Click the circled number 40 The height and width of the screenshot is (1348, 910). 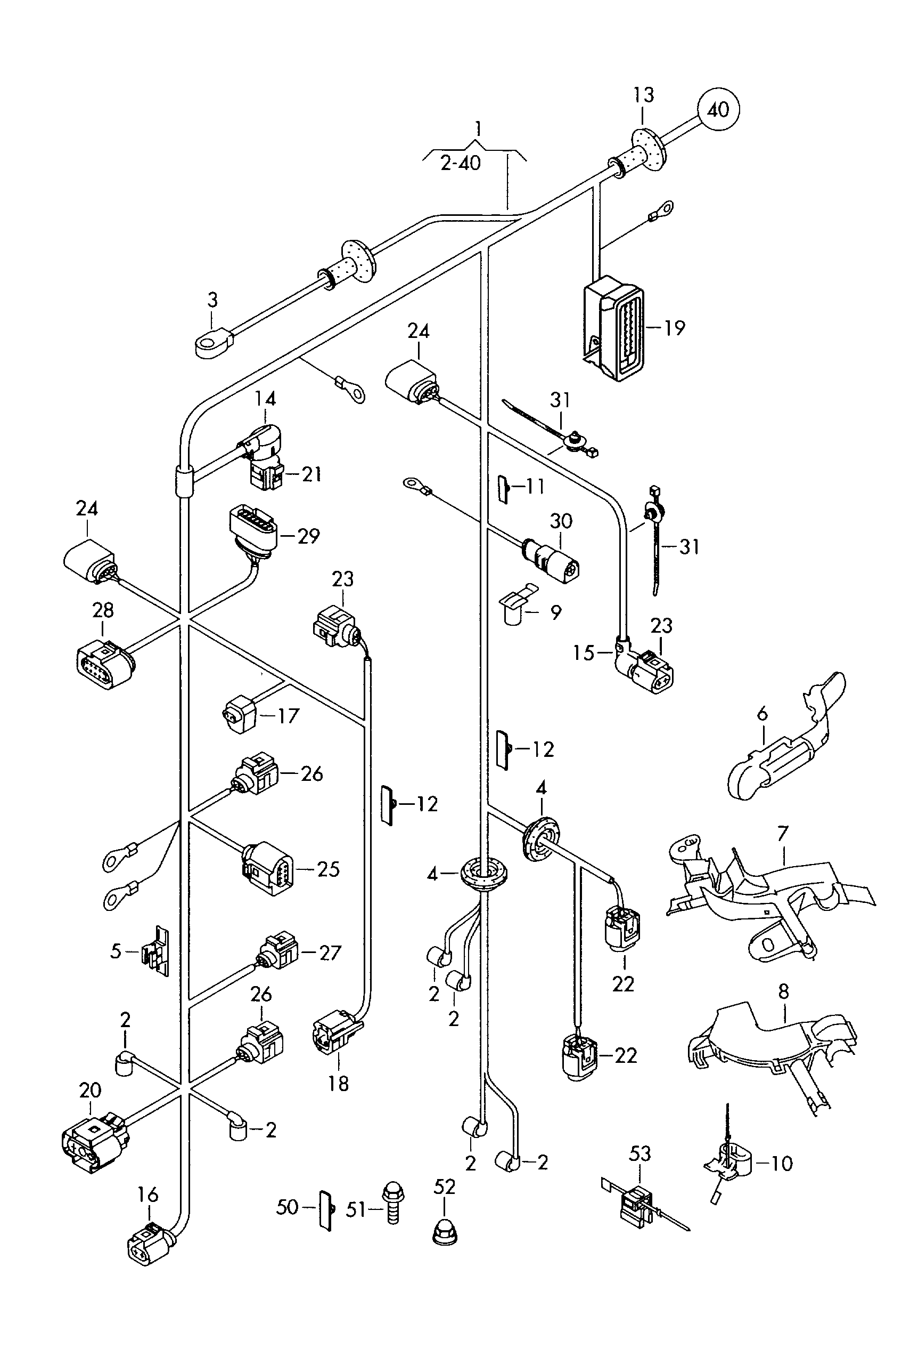[718, 109]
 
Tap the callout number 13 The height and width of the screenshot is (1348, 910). [643, 95]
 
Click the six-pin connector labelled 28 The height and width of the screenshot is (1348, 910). [104, 665]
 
